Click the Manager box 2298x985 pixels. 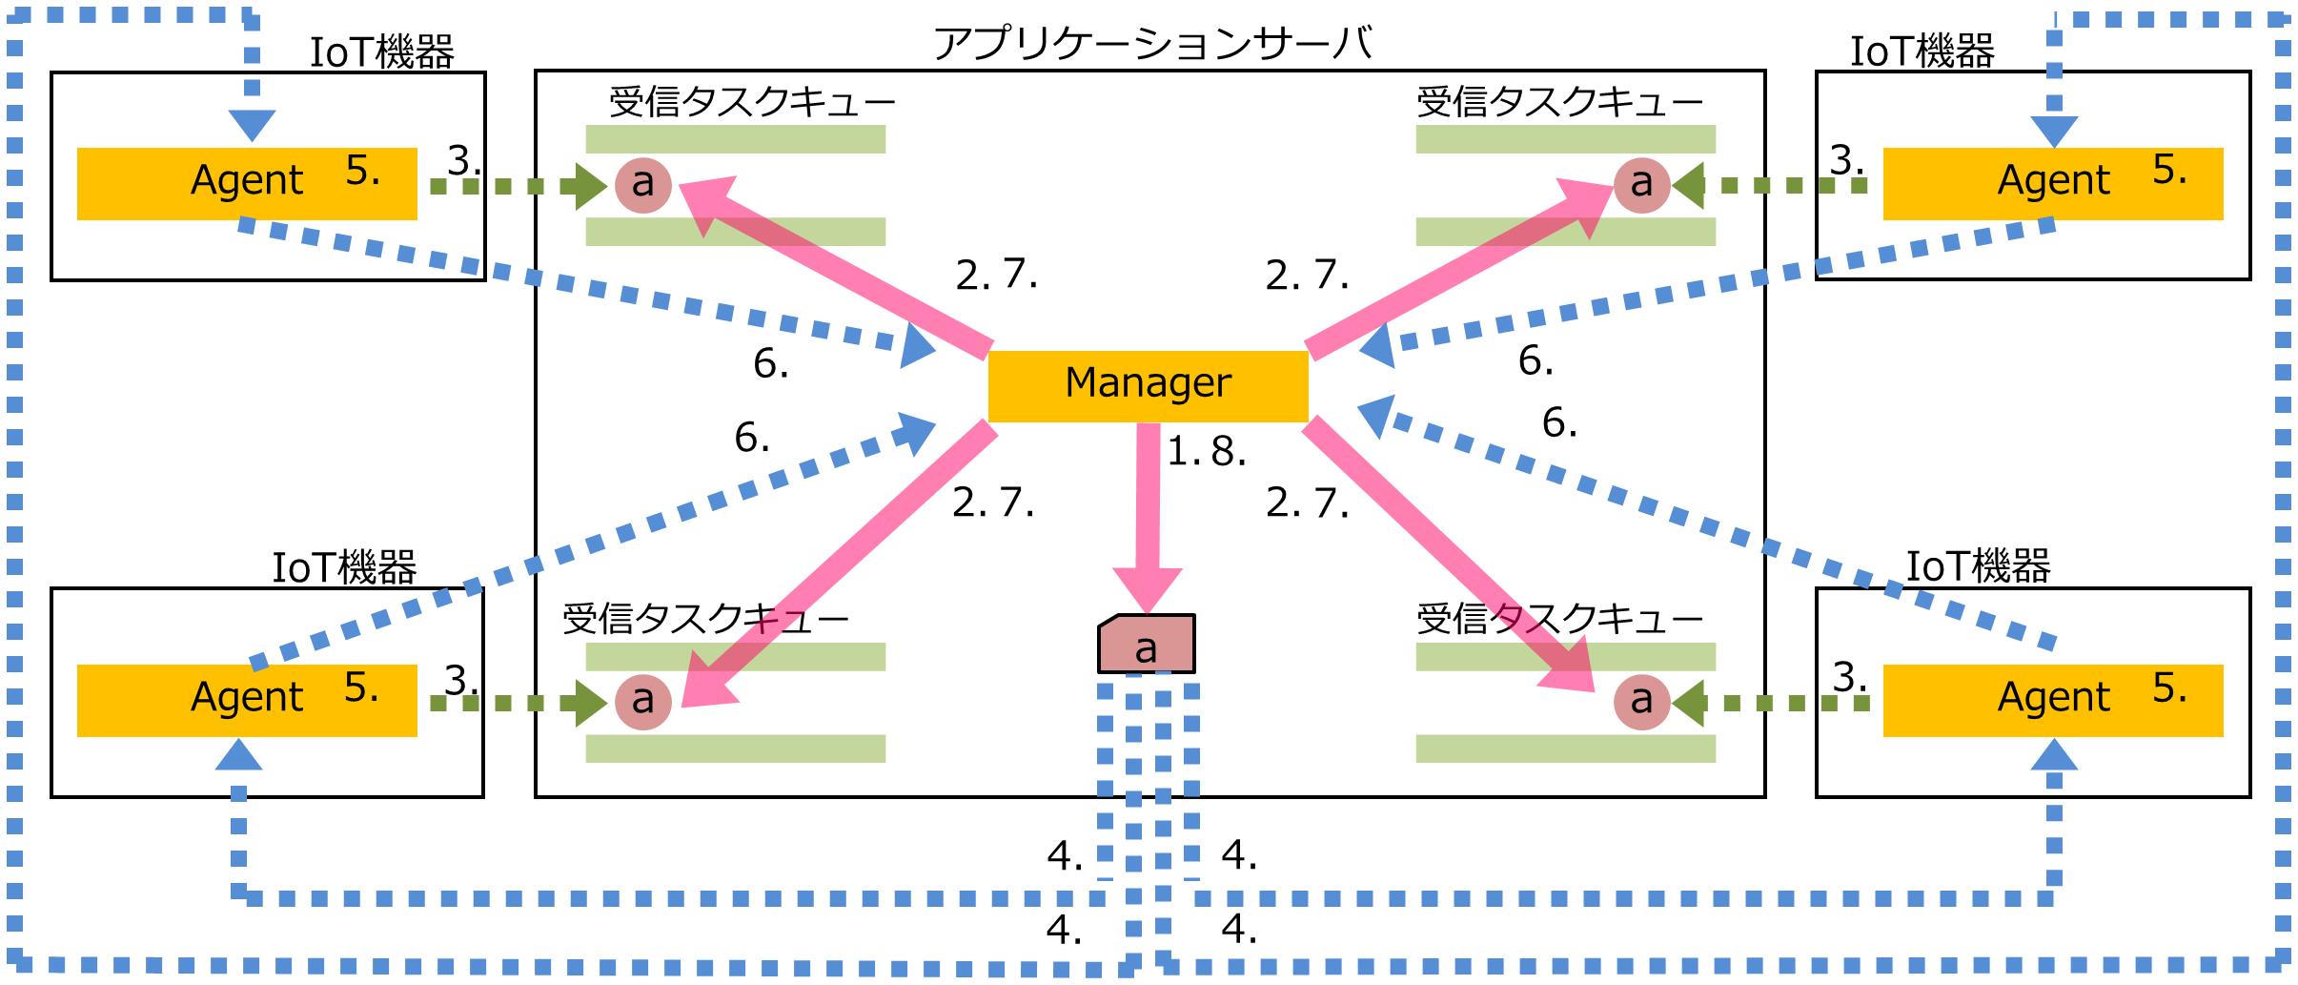click(1148, 385)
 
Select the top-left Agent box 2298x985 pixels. click(246, 183)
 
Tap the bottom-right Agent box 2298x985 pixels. click(2052, 700)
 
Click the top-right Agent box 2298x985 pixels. click(2052, 183)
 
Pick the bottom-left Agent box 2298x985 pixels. click(246, 700)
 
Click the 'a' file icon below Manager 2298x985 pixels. click(1146, 646)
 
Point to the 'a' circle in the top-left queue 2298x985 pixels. click(643, 183)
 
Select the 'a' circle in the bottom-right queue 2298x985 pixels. click(1640, 701)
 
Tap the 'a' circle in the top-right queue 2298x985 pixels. click(1640, 183)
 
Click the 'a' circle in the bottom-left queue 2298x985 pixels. click(643, 701)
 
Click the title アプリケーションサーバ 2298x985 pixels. click(1151, 44)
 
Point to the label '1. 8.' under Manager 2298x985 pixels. click(1207, 452)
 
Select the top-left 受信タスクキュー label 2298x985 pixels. click(751, 102)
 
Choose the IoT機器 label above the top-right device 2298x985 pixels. click(1922, 51)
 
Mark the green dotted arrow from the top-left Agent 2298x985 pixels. click(515, 185)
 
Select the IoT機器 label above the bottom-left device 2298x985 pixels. click(344, 568)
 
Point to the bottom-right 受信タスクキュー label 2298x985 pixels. click(1559, 620)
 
